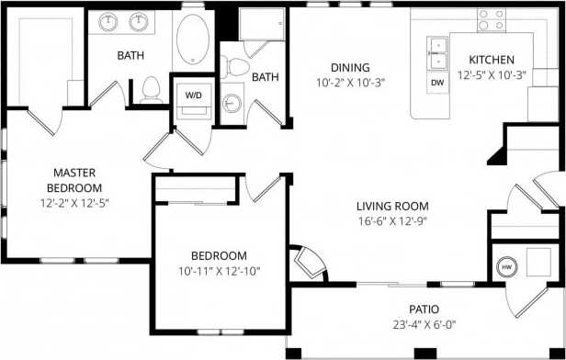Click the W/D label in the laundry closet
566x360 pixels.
pyautogui.click(x=195, y=95)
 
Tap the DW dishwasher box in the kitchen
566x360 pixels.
pyautogui.click(x=437, y=83)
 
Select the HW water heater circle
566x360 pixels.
pyautogui.click(x=505, y=266)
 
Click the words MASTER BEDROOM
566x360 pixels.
pyautogui.click(x=75, y=180)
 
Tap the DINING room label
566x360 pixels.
pyautogui.click(x=349, y=67)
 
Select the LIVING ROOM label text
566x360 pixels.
pyautogui.click(x=393, y=207)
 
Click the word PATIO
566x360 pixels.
pyautogui.click(x=424, y=309)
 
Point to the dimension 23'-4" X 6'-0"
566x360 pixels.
pyautogui.click(x=424, y=324)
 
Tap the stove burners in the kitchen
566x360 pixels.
pyautogui.click(x=492, y=17)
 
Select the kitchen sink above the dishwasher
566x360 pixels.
pyautogui.click(x=437, y=52)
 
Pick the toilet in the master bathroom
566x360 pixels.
pyautogui.click(x=149, y=89)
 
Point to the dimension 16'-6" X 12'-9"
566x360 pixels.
pyautogui.click(x=393, y=221)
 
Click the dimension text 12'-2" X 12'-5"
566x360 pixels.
pyautogui.click(x=75, y=201)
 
